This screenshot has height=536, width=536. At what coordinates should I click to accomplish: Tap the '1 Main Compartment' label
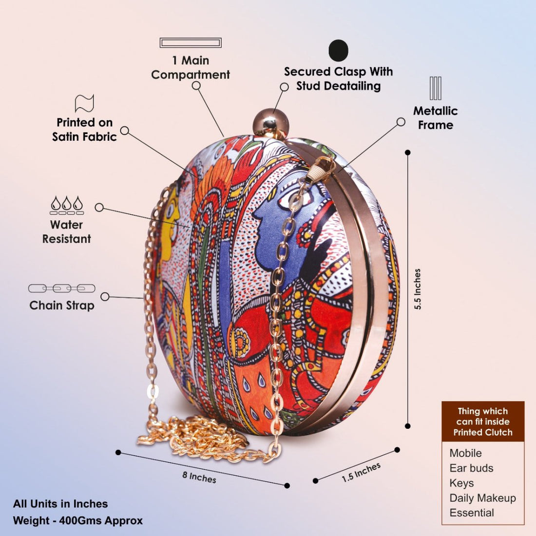click(191, 68)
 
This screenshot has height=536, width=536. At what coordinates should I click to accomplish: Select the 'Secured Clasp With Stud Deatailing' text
click(339, 78)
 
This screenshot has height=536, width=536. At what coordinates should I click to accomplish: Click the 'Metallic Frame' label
click(436, 118)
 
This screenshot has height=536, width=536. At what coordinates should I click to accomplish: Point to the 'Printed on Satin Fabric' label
click(85, 130)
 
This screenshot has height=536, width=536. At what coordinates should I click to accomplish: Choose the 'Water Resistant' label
click(66, 232)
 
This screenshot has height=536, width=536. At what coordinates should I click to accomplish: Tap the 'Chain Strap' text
click(62, 306)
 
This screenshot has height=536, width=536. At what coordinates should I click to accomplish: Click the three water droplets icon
click(67, 204)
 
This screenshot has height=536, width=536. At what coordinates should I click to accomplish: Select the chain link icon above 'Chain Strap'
click(62, 288)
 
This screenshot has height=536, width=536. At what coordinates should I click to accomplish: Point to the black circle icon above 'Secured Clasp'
click(339, 50)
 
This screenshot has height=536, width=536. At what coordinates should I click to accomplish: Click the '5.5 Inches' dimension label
click(418, 289)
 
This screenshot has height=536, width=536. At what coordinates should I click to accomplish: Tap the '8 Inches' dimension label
click(199, 477)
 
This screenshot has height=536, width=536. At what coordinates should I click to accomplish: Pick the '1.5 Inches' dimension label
click(361, 472)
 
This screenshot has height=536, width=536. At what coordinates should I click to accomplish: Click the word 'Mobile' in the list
click(465, 453)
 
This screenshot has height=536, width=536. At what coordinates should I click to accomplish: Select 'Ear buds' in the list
click(471, 468)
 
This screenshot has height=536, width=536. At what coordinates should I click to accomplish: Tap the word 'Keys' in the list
click(461, 483)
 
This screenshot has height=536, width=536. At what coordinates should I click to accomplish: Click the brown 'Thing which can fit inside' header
click(483, 421)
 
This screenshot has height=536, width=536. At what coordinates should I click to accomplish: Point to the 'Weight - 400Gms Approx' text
click(78, 520)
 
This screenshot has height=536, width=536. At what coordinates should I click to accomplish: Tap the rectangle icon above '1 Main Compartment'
click(191, 43)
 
